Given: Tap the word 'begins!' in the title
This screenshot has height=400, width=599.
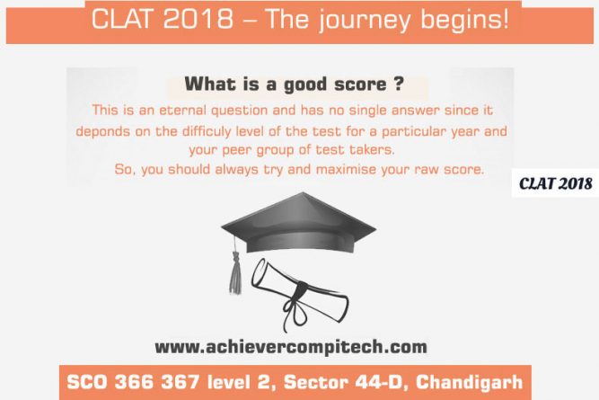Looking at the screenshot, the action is tap(465, 20).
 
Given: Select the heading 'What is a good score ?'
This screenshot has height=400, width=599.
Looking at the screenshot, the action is tap(295, 84).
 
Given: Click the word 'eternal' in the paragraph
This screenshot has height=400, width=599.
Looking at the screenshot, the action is tap(183, 111).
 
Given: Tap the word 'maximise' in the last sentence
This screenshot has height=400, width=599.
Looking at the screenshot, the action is tap(346, 169).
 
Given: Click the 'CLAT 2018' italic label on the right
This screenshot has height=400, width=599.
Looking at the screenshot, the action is tap(556, 184).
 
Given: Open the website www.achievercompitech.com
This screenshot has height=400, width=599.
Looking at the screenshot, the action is tap(291, 347).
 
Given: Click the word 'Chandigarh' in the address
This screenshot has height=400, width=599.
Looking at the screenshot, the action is tap(469, 382).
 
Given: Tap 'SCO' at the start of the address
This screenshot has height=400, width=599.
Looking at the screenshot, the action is tap(87, 382).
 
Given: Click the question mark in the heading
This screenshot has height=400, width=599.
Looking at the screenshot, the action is tap(399, 84).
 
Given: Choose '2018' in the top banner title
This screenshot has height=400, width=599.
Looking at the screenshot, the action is tap(198, 19).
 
